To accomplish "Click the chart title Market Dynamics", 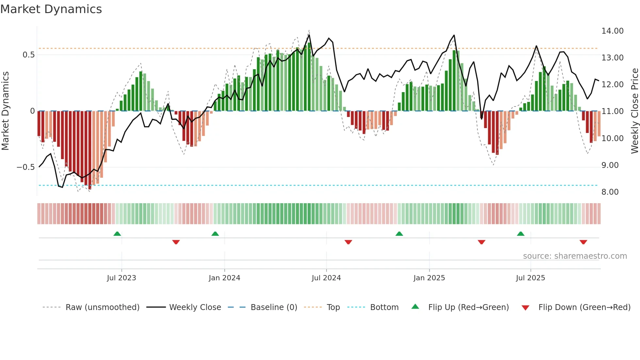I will tap(51, 9).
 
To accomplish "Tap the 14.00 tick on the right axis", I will tap(612, 31).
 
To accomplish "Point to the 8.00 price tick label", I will tap(610, 192).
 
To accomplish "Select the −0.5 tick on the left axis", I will tap(25, 167).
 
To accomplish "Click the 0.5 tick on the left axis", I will tap(28, 55).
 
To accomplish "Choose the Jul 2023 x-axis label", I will tap(121, 278).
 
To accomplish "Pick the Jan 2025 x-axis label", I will tap(429, 278).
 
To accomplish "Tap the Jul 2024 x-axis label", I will tap(326, 278).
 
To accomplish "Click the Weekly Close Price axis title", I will tap(634, 111).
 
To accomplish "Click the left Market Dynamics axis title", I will tap(5, 111).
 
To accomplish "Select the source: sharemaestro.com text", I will tap(575, 256).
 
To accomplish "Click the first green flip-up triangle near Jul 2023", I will tap(117, 234).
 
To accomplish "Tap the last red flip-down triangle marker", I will tap(583, 242).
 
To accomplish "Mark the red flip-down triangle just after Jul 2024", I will tap(348, 242).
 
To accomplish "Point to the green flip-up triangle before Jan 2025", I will tap(399, 234).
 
